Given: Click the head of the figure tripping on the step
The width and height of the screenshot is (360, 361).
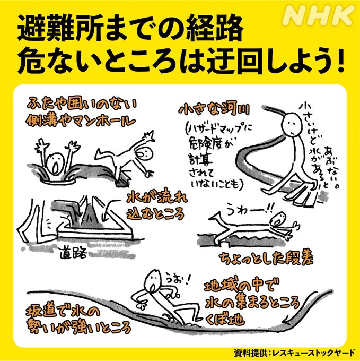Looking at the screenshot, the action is coord(276,219).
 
